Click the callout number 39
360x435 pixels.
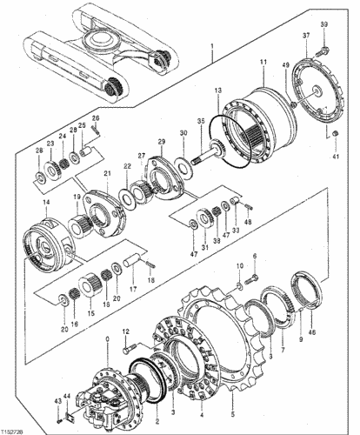tap(323, 23)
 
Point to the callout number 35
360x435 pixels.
tap(200, 121)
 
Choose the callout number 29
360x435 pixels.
tap(161, 141)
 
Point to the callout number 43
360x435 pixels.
tap(57, 400)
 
